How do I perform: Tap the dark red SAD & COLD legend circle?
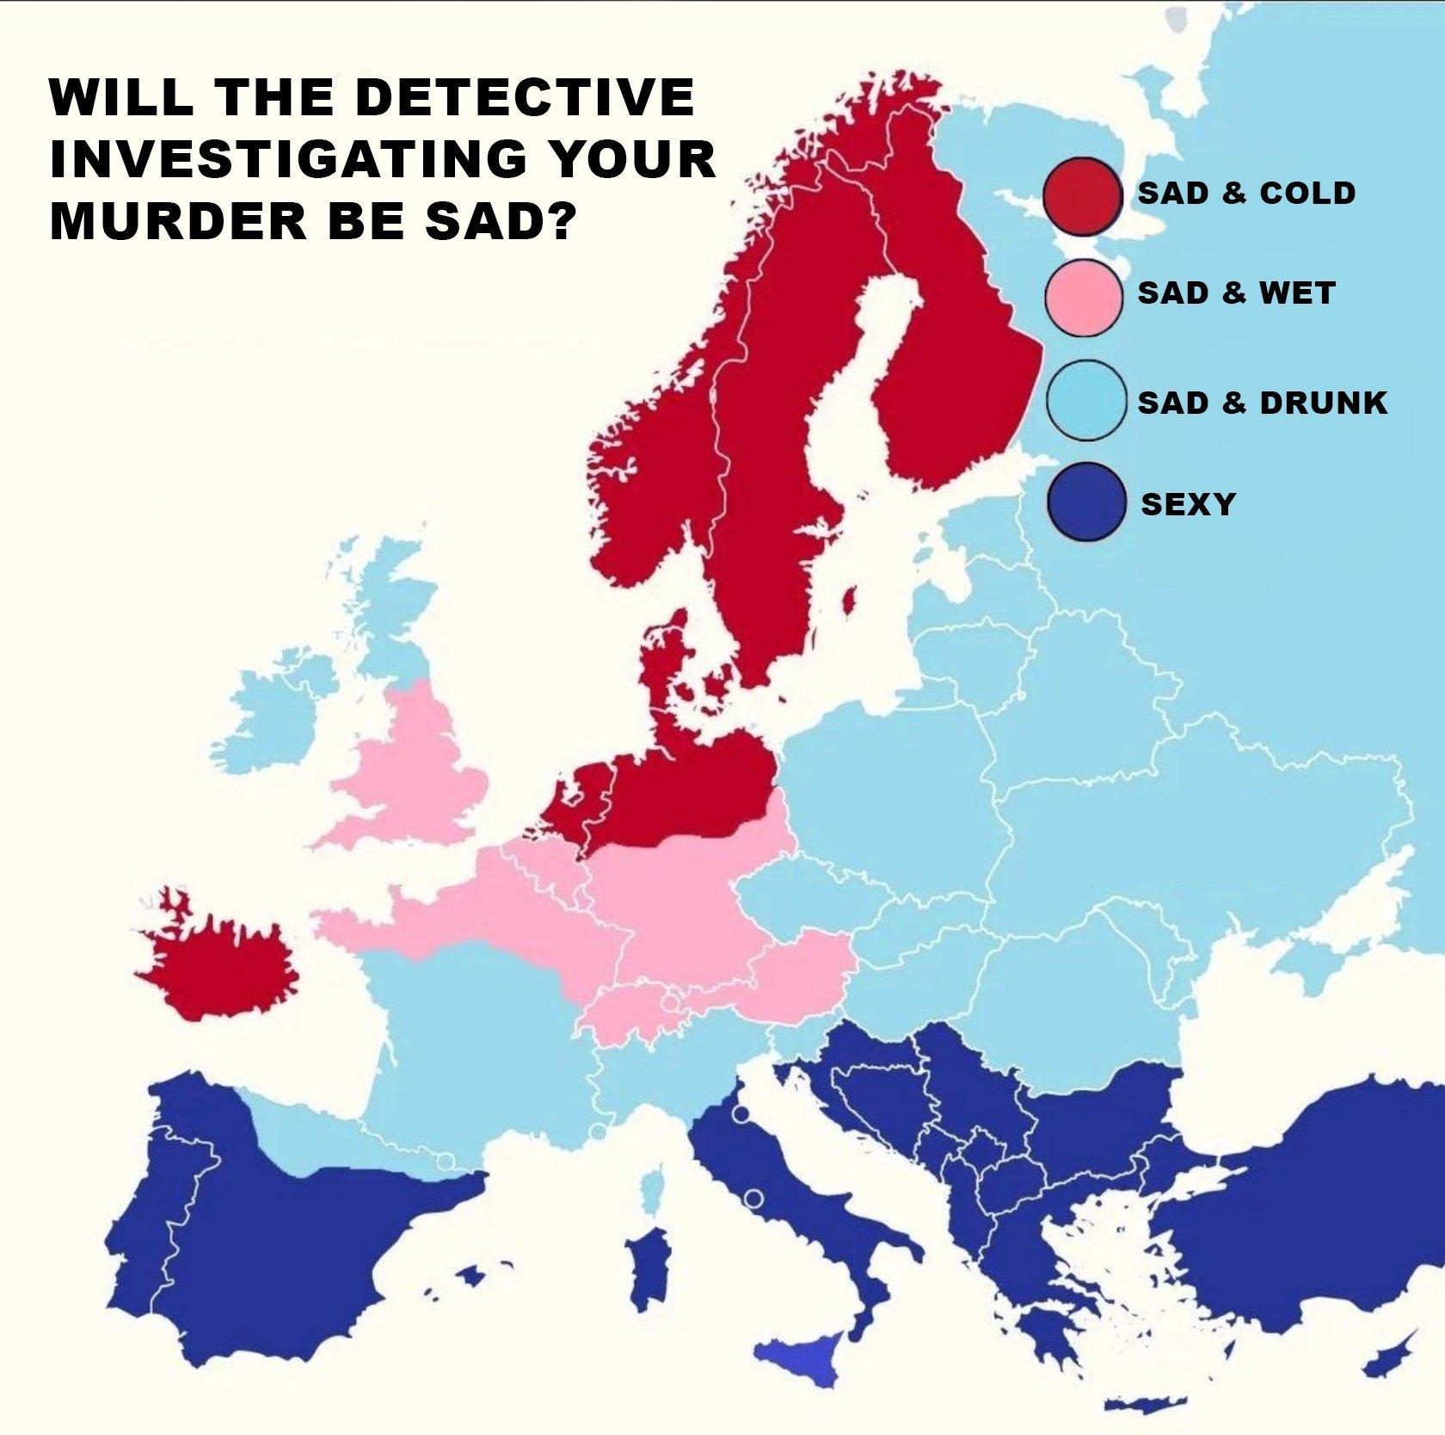point(1082,197)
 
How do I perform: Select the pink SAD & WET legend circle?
point(1084,295)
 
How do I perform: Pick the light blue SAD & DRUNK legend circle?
point(1087,401)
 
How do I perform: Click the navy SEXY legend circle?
point(1087,502)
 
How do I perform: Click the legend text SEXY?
point(1188,504)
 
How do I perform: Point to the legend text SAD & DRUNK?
point(1262,403)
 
